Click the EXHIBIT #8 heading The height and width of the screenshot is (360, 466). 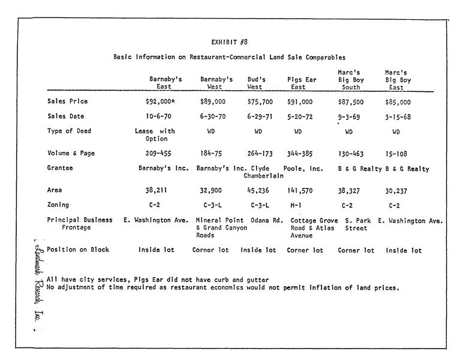(230, 42)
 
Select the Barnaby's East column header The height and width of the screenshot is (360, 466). (166, 83)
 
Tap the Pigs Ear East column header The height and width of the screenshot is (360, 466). (300, 83)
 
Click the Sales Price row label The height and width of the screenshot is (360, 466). (66, 101)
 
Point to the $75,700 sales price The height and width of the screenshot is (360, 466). (260, 103)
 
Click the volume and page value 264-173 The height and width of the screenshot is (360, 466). (260, 154)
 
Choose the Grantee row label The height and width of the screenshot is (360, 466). (60, 169)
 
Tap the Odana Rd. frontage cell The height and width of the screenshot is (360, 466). (266, 220)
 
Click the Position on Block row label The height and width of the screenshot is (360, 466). (78, 250)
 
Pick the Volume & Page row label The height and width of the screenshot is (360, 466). (71, 154)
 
